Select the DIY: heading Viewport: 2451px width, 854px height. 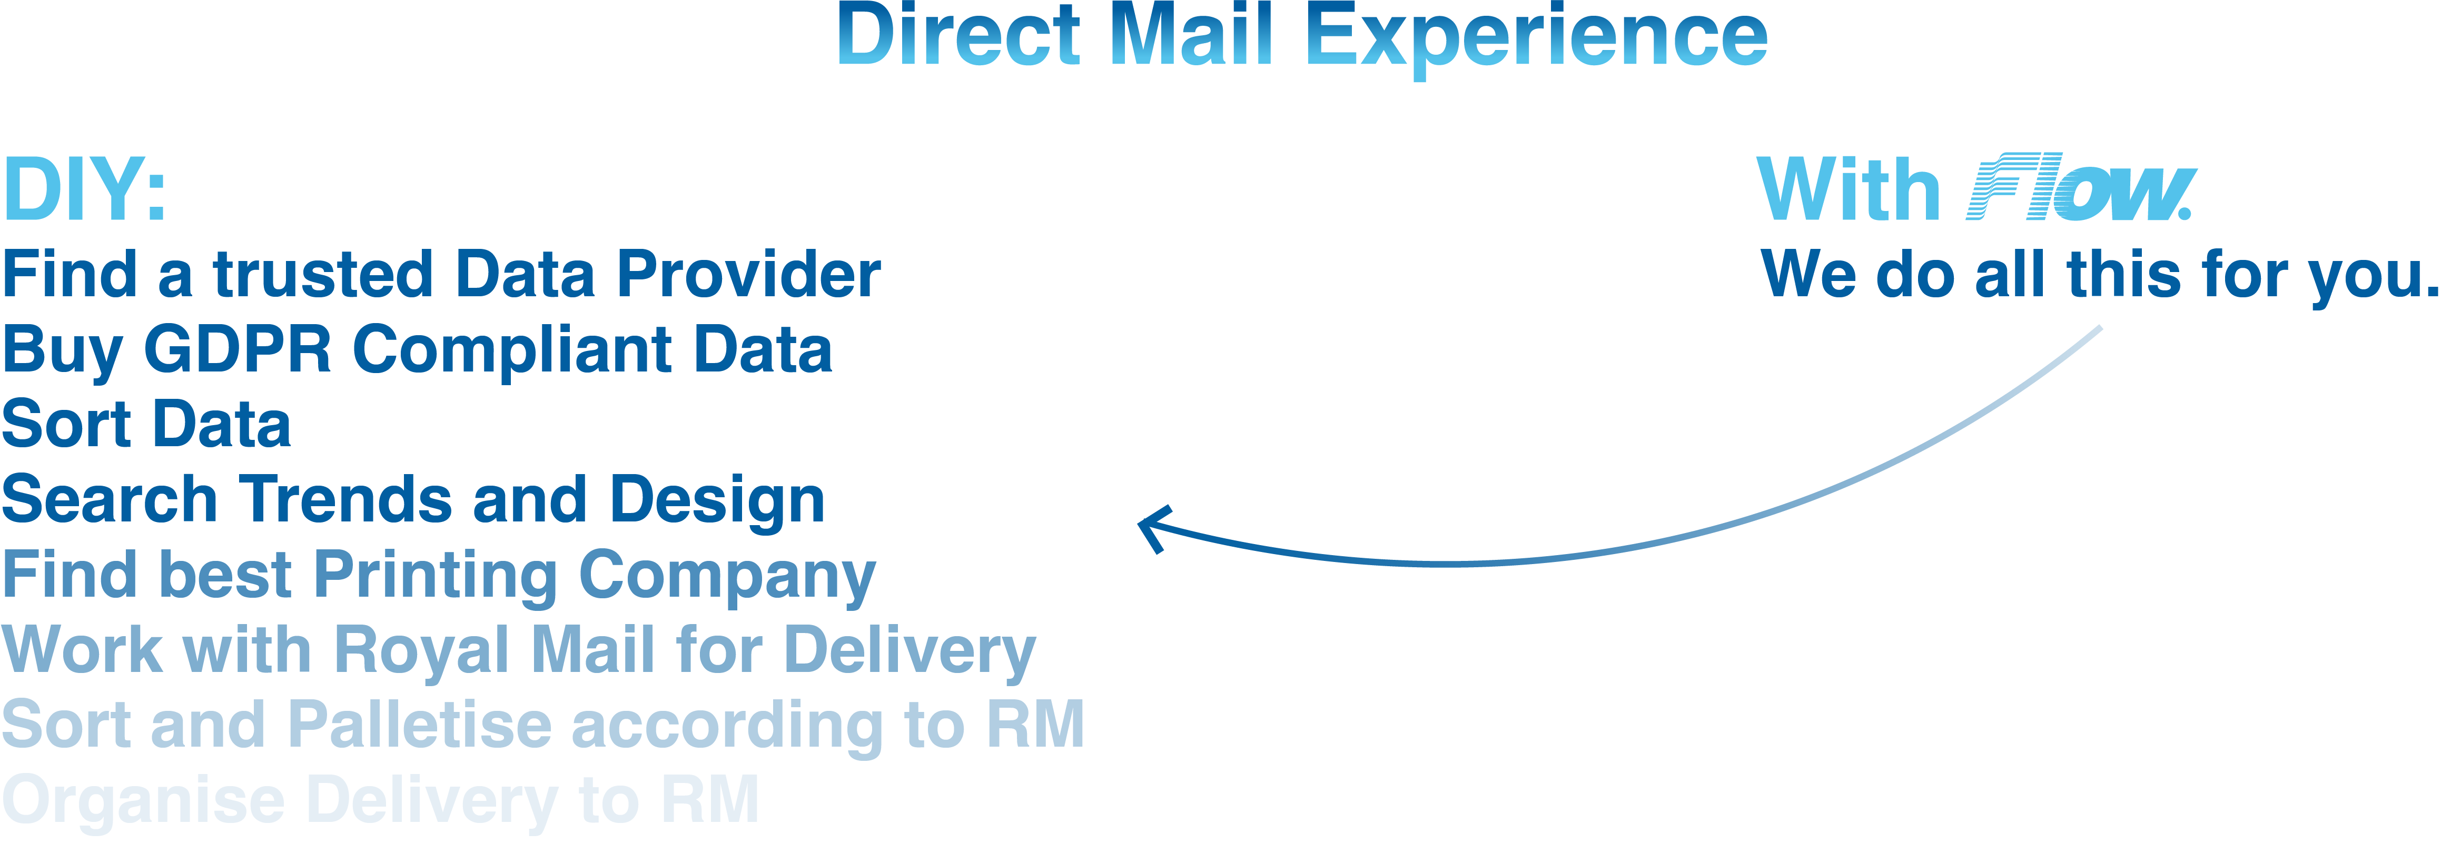[86, 190]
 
